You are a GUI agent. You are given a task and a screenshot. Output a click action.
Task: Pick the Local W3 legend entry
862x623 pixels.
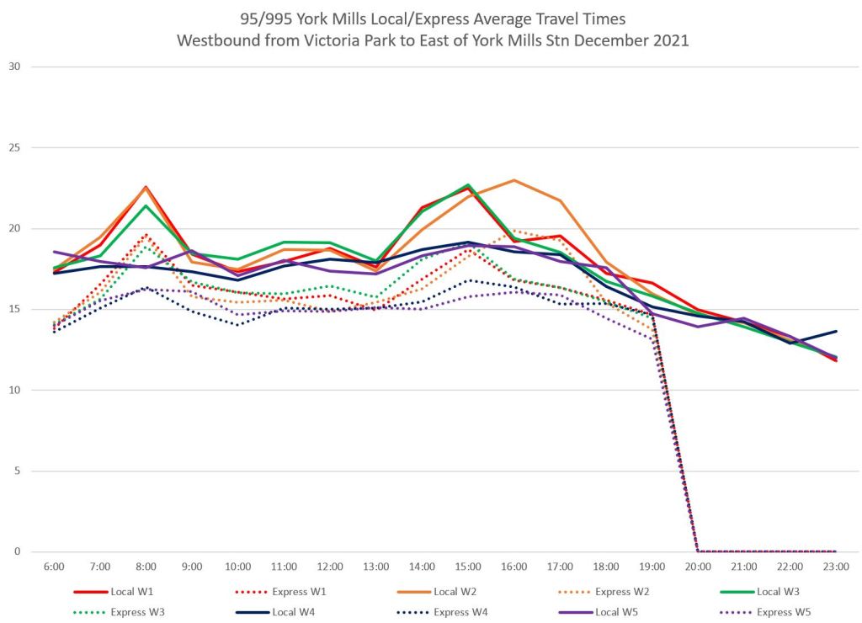pyautogui.click(x=780, y=592)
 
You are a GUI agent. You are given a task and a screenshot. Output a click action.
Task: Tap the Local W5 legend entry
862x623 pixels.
pyautogui.click(x=620, y=611)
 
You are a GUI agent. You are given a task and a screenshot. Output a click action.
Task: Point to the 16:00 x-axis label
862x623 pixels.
pyautogui.click(x=513, y=567)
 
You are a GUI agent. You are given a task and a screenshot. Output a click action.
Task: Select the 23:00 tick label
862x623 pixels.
pyautogui.click(x=836, y=567)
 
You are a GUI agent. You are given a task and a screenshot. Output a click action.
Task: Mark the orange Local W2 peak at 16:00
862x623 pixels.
pyautogui.click(x=513, y=180)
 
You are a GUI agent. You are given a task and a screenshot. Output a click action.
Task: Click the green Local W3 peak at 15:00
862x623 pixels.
pyautogui.click(x=468, y=184)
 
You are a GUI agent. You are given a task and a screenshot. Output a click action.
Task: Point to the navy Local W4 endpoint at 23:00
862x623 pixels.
pyautogui.click(x=835, y=331)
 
